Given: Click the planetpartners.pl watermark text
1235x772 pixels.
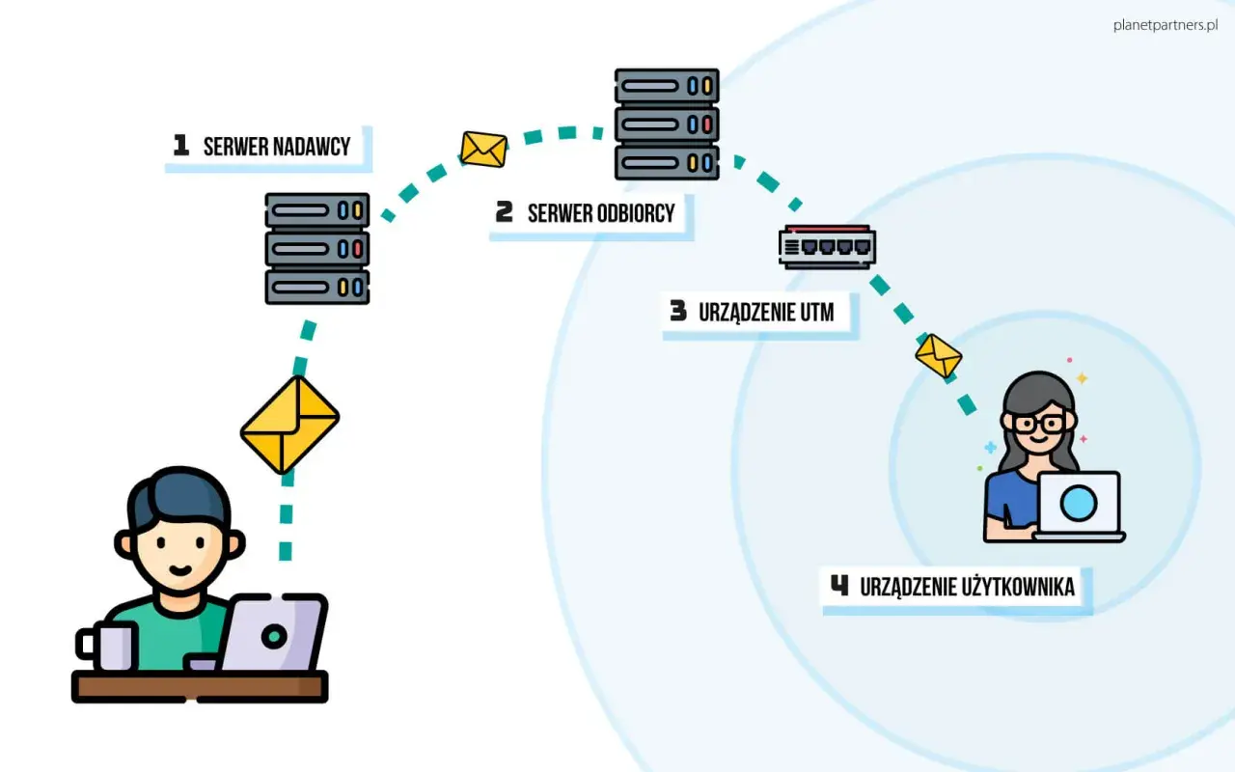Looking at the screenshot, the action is [x=1166, y=25].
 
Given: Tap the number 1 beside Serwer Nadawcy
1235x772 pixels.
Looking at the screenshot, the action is [x=180, y=145].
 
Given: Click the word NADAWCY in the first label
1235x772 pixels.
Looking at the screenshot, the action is [x=312, y=147].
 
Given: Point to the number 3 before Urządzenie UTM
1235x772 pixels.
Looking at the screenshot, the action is [x=678, y=311].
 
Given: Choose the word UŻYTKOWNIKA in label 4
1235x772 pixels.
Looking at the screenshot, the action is [x=1018, y=588].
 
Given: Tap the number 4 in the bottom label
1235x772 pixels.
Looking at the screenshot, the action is [x=839, y=585].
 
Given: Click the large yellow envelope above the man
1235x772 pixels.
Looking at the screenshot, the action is [x=290, y=425].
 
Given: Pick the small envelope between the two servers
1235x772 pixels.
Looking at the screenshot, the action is [x=483, y=150].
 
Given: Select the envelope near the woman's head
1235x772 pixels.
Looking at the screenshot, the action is [x=939, y=356].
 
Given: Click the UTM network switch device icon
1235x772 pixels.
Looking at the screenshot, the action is [x=827, y=246].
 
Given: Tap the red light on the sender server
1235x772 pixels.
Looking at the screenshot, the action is [x=357, y=249].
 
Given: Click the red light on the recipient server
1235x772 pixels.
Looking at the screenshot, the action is [x=707, y=124].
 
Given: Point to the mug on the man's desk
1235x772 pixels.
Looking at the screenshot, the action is [x=107, y=646].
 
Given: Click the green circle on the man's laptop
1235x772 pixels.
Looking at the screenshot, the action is [x=274, y=637].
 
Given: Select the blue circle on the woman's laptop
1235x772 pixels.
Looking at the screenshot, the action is [x=1079, y=503].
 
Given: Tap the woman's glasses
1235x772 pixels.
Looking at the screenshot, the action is [x=1039, y=424].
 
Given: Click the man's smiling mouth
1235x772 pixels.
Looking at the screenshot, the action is [x=179, y=569].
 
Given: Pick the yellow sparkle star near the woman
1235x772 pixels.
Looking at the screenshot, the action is [x=1082, y=378].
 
